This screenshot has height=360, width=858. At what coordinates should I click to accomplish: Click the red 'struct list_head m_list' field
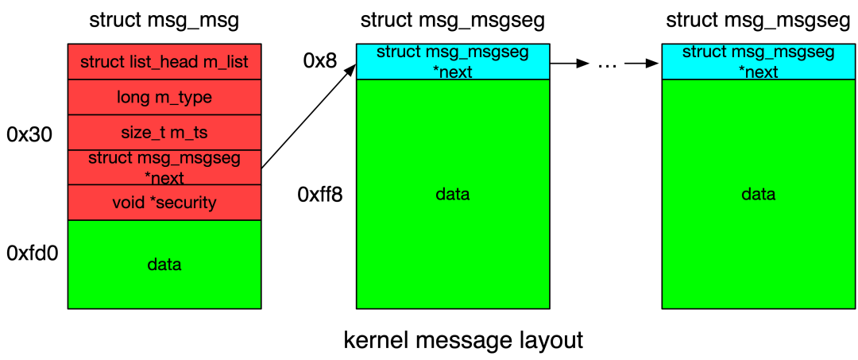coord(164,62)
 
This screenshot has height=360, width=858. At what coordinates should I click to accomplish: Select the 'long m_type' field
coord(164,97)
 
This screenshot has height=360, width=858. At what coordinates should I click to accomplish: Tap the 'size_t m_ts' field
coord(164,132)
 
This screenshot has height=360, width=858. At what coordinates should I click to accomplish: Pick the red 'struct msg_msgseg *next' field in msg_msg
coord(164,167)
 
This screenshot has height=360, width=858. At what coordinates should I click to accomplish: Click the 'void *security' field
coord(164,202)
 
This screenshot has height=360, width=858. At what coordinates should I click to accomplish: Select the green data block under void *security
coord(164,264)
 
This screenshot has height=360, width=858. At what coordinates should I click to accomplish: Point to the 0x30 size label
coord(29,134)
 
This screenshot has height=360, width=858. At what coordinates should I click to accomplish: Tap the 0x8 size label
coord(322,61)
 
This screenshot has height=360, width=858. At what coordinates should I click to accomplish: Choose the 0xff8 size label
coord(320,194)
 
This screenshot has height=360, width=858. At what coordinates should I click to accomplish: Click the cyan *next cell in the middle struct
coord(452,62)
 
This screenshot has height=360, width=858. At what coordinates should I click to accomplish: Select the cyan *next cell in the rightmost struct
coord(758,62)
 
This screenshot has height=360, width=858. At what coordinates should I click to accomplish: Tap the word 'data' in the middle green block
coord(452,194)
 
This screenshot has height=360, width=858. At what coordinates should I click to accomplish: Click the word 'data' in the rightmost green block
coord(758,194)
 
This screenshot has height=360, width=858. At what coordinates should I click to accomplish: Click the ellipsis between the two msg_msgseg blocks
coord(606,64)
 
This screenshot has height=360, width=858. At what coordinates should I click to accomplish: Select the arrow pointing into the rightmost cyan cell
coord(643,63)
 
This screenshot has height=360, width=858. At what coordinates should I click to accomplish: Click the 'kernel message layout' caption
coord(463,340)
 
